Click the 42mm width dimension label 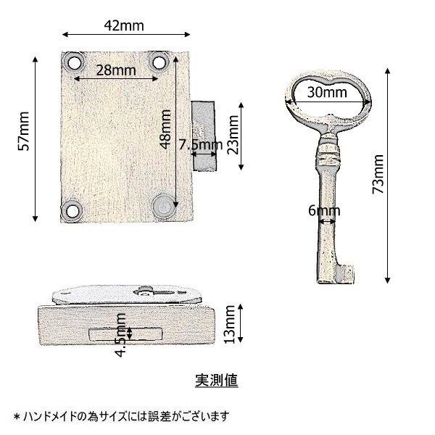124,25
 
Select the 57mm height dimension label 24,131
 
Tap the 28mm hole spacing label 116,70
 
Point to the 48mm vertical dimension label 165,129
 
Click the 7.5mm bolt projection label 200,144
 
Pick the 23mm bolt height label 233,135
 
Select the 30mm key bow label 327,92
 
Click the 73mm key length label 378,174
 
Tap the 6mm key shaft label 324,211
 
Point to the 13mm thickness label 230,324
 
